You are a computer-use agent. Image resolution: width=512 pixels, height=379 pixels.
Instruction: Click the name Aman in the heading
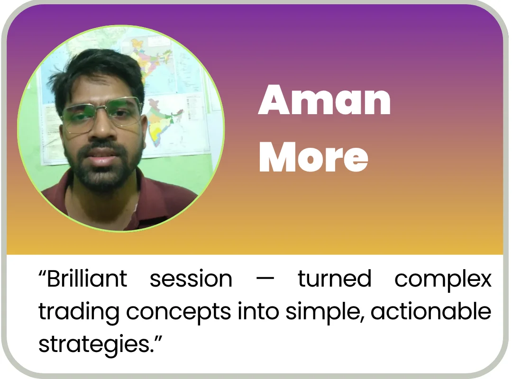click(324, 100)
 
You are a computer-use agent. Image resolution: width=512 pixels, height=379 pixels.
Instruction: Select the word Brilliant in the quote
click(87, 279)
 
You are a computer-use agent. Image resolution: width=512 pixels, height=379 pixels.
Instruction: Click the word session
click(191, 279)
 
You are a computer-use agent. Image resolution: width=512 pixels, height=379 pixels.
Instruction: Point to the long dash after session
click(265, 280)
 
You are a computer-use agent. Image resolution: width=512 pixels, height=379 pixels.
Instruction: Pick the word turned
click(334, 279)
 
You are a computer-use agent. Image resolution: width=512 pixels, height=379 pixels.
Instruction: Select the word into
click(258, 311)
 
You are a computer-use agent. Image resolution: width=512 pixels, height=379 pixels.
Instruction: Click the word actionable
click(431, 311)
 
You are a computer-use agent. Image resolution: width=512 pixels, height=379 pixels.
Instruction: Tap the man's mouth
click(102, 157)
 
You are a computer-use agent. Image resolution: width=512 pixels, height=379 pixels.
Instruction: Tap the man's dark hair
click(98, 70)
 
